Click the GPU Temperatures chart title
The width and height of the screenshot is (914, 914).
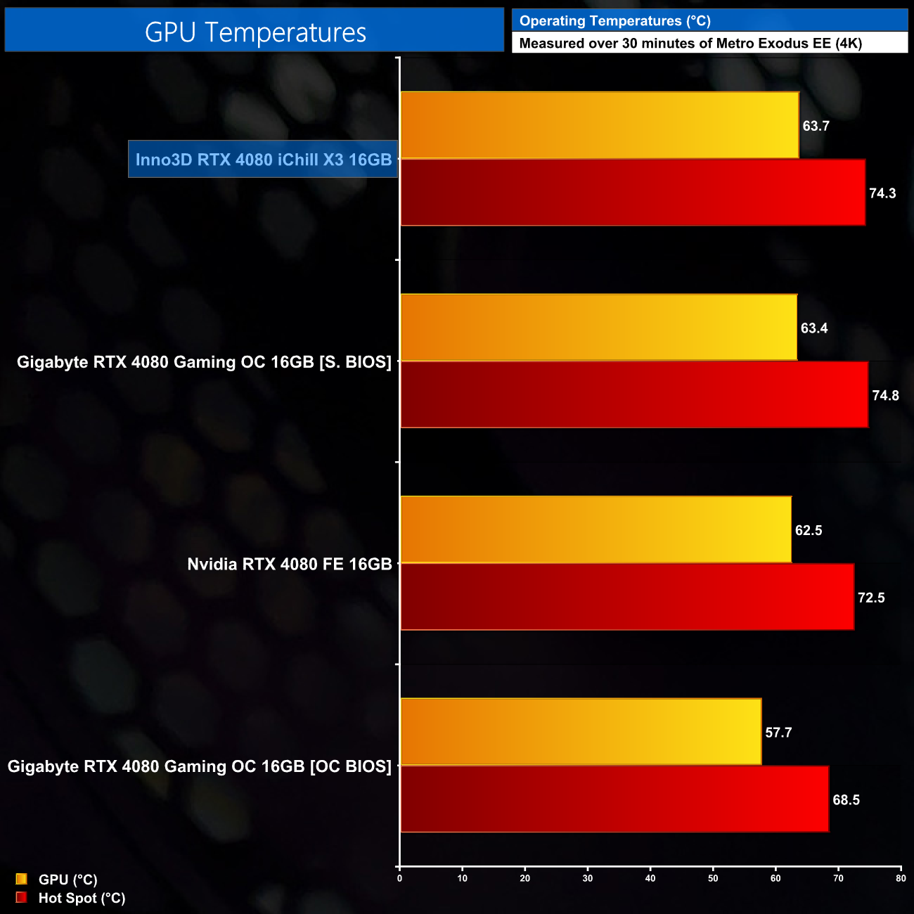click(255, 32)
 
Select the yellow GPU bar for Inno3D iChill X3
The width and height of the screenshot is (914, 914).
click(599, 125)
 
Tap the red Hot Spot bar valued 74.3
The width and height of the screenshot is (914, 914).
click(632, 193)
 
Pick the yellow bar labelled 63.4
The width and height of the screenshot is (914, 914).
click(598, 328)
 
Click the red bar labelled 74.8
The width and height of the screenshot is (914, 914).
click(633, 395)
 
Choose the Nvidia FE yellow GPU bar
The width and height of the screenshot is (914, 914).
click(596, 529)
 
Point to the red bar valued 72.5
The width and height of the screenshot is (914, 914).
click(626, 597)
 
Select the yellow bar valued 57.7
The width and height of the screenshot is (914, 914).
click(581, 732)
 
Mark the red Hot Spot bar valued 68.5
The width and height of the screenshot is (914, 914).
click(614, 799)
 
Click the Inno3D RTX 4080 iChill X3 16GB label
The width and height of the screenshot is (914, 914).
click(263, 160)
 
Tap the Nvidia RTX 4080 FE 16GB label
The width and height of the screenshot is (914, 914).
click(289, 564)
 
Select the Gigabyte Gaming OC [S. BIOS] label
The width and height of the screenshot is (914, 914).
click(204, 362)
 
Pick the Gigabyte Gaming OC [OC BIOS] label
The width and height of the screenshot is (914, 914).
click(199, 766)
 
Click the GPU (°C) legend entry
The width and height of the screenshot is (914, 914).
click(67, 880)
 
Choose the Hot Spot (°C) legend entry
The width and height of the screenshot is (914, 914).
click(81, 898)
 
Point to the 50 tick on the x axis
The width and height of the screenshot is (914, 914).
click(713, 878)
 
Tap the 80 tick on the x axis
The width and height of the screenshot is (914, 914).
click(901, 878)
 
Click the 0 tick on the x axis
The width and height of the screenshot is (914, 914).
click(400, 878)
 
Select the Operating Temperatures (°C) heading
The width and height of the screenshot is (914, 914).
click(614, 21)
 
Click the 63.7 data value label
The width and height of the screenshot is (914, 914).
click(816, 126)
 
